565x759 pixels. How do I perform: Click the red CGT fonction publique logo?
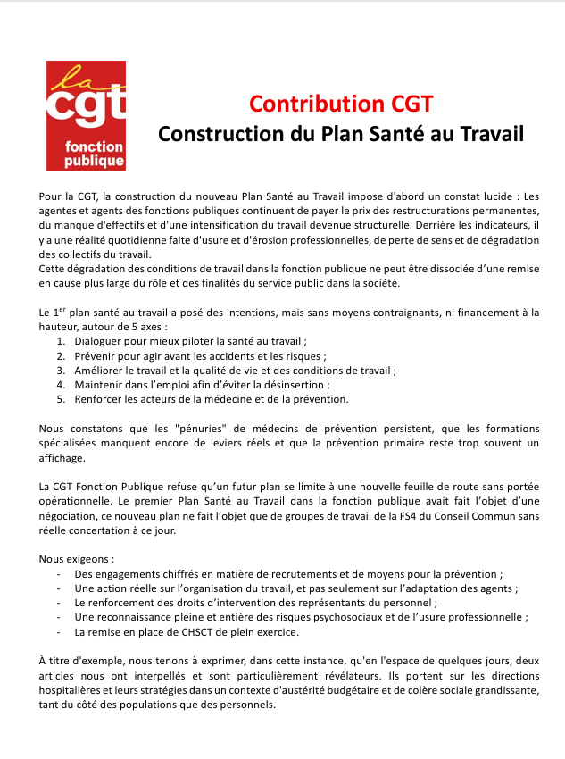coord(87,115)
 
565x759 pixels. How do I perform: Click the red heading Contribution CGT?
coord(341,104)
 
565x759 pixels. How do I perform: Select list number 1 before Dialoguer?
coord(61,341)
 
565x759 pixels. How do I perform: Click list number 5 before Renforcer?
coord(61,399)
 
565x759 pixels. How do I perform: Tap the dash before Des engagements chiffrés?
coord(59,574)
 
